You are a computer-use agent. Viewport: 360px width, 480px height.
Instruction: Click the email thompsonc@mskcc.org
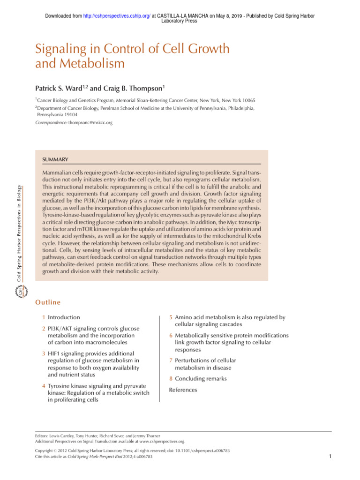pyautogui.click(x=90, y=122)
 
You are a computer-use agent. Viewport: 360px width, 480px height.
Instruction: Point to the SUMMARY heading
pyautogui.click(x=55, y=160)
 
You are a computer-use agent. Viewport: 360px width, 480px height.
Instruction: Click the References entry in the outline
pyautogui.click(x=183, y=390)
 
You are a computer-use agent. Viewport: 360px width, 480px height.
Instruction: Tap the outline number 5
pyautogui.click(x=171, y=317)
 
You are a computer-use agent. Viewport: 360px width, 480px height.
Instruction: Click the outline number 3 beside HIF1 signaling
pyautogui.click(x=43, y=354)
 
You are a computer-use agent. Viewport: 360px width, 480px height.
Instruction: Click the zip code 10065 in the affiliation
pyautogui.click(x=248, y=100)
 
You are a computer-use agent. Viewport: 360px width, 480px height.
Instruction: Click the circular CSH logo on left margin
pyautogui.click(x=20, y=292)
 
